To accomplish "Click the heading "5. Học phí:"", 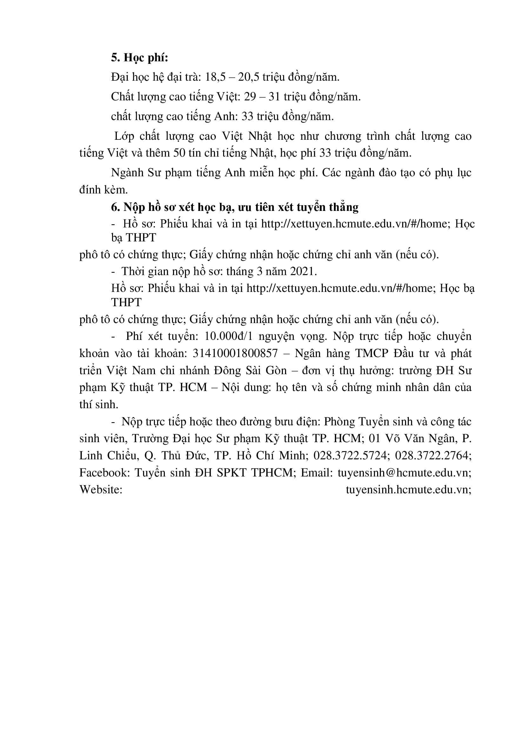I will coord(139,57).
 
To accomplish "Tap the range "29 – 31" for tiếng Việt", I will coord(262,97).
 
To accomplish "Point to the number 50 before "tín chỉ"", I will coord(179,153).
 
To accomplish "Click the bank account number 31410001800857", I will coord(235,353).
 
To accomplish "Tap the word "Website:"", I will coord(101,489).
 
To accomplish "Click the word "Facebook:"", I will coord(104,472).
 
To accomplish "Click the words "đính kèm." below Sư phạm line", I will coord(103,190).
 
